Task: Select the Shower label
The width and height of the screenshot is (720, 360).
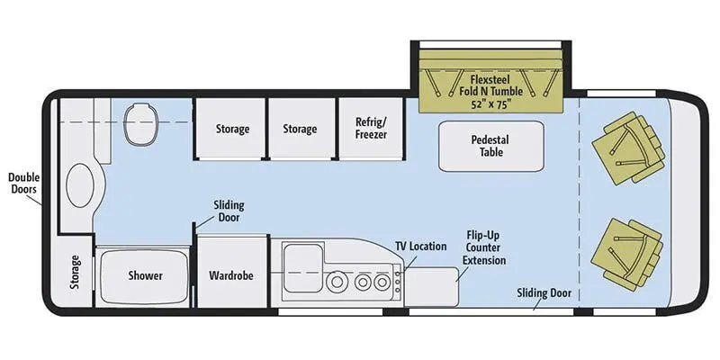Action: (x=144, y=275)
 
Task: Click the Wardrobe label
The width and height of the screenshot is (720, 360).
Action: (x=231, y=275)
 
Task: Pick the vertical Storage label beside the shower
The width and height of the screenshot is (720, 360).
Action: (x=74, y=274)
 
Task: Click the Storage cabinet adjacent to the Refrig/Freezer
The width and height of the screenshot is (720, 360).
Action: (x=300, y=129)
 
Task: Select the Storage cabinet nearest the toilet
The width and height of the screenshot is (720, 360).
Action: (x=231, y=129)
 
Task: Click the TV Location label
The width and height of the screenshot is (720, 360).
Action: (x=420, y=246)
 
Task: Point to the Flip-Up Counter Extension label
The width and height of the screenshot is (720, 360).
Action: (x=484, y=247)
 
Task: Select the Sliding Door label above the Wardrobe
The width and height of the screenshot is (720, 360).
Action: (x=228, y=211)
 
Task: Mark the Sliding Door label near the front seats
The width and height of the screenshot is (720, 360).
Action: (x=544, y=292)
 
